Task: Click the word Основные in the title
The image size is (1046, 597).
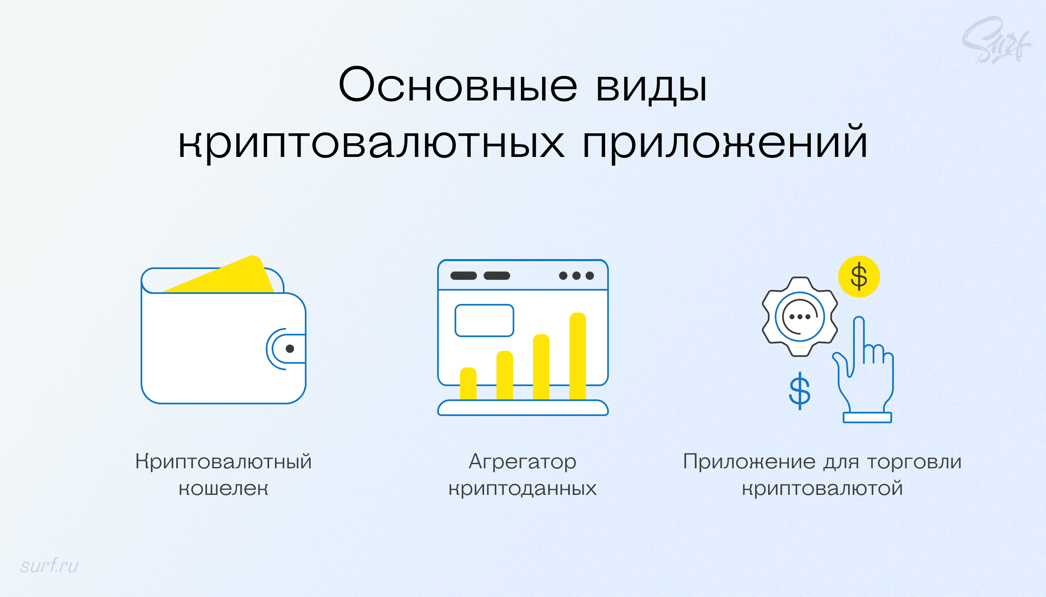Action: (458, 85)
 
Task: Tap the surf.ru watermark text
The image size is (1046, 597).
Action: (49, 565)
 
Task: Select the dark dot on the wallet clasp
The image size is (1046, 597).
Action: (290, 349)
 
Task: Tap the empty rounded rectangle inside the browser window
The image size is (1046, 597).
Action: (484, 320)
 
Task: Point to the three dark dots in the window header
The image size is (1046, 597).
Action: (576, 276)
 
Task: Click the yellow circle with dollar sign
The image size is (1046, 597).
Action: (859, 276)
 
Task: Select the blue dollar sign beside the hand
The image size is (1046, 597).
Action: (799, 391)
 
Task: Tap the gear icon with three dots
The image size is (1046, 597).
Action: (799, 317)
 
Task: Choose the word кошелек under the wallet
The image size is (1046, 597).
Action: (223, 488)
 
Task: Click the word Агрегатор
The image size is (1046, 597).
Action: (522, 462)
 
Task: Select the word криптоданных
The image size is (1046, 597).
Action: (522, 488)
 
